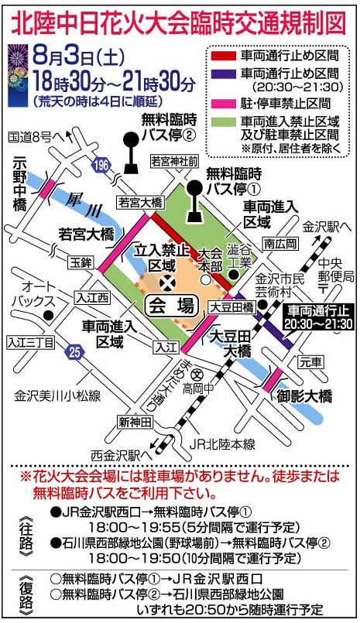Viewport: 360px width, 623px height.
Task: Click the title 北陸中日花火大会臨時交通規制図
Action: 180,21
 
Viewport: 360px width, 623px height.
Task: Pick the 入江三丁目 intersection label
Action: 30,341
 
